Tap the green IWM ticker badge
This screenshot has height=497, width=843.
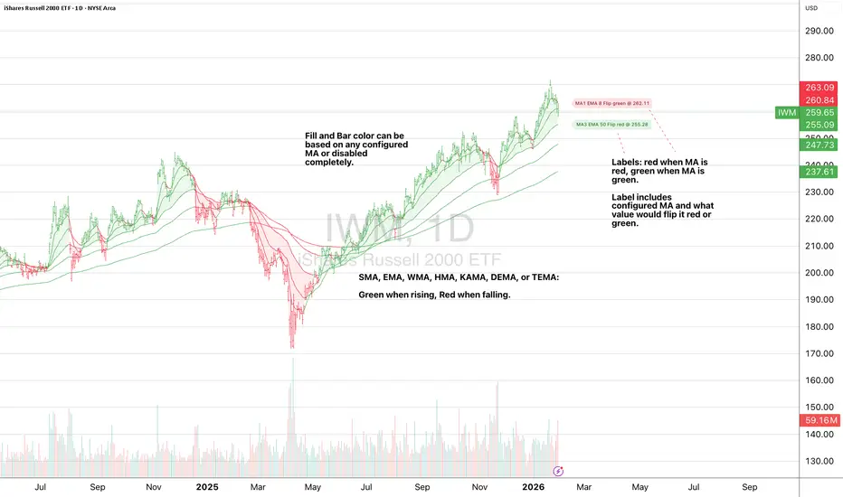tap(787, 113)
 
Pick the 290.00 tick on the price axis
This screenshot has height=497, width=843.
tap(818, 31)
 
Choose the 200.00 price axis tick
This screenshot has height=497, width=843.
tap(818, 273)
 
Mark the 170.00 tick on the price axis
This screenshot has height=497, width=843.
tap(818, 353)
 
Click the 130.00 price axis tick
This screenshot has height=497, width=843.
tap(818, 461)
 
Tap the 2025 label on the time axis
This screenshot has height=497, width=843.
tap(206, 485)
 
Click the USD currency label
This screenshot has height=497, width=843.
tap(811, 8)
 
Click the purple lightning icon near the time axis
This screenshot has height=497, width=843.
tap(558, 471)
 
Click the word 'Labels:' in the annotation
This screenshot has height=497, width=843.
tap(630, 162)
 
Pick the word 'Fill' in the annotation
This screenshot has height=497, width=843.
tap(313, 136)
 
